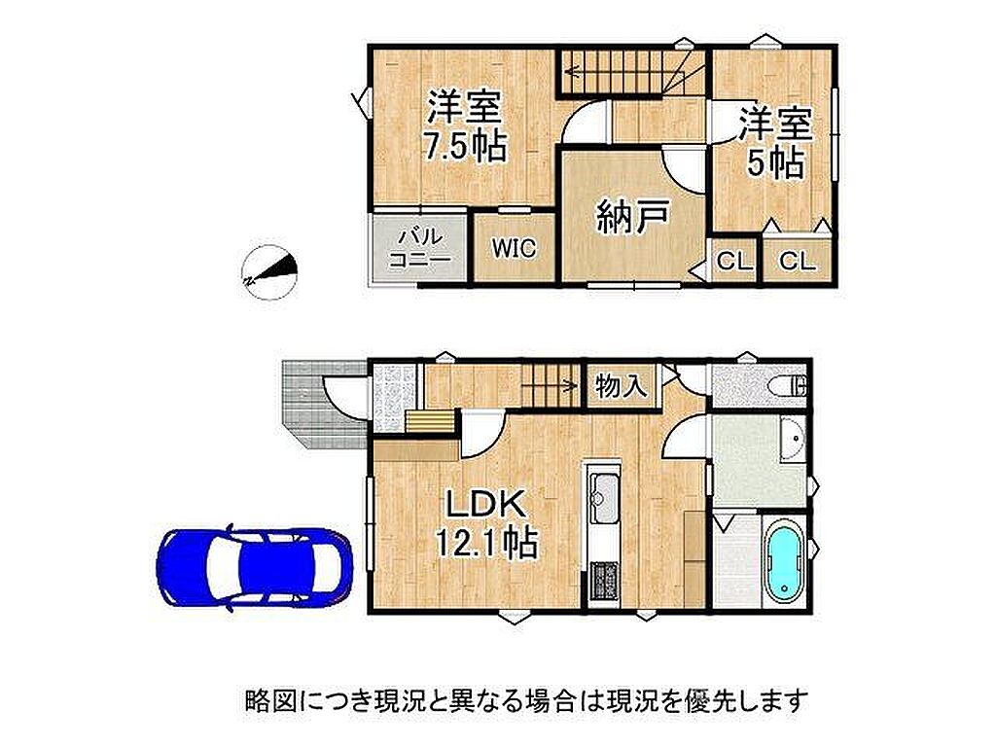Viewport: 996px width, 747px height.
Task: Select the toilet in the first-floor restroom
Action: click(x=787, y=385)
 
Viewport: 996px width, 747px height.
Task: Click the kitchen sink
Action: click(x=604, y=490)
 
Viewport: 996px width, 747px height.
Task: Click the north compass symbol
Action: click(x=270, y=273)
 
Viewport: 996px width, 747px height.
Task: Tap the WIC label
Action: click(x=514, y=248)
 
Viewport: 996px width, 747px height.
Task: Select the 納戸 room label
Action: click(x=632, y=216)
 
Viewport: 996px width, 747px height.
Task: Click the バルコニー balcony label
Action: click(x=420, y=248)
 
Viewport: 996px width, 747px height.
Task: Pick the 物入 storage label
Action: click(x=622, y=384)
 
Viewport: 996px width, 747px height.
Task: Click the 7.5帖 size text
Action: click(x=465, y=147)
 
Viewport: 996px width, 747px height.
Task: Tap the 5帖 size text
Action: click(x=775, y=163)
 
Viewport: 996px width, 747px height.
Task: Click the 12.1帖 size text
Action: click(x=486, y=544)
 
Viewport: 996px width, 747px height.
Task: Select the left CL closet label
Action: click(x=735, y=261)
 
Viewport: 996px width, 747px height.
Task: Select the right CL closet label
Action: click(x=798, y=261)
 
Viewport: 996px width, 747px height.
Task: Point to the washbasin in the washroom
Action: click(x=792, y=440)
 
